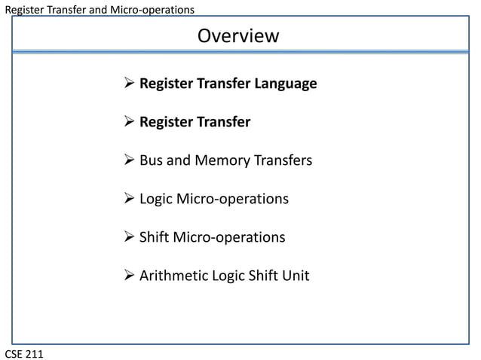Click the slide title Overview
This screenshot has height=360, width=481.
pos(238,35)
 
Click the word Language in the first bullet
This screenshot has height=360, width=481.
pos(285,84)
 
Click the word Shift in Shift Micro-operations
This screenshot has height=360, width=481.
pos(155,237)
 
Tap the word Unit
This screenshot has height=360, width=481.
pos(296,276)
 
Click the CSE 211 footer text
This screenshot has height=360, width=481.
pos(24,352)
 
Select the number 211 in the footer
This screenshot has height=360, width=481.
pos(33,352)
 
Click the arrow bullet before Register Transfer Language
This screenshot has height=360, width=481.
pos(128,84)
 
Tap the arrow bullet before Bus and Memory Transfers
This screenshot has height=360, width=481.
pos(128,160)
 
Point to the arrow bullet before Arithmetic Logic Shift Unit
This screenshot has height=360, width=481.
pos(128,276)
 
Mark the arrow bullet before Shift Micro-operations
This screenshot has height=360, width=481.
pos(128,237)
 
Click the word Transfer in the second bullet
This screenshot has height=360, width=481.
pos(224,122)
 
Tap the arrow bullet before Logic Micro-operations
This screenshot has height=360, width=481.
pos(128,199)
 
